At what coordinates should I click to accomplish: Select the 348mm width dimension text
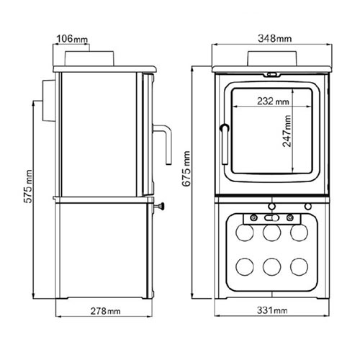click(271, 37)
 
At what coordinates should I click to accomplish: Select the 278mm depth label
click(106, 310)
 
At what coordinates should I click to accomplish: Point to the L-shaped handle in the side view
click(166, 144)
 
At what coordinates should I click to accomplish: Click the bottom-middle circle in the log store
click(271, 266)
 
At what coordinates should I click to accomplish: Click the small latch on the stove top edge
click(271, 73)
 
